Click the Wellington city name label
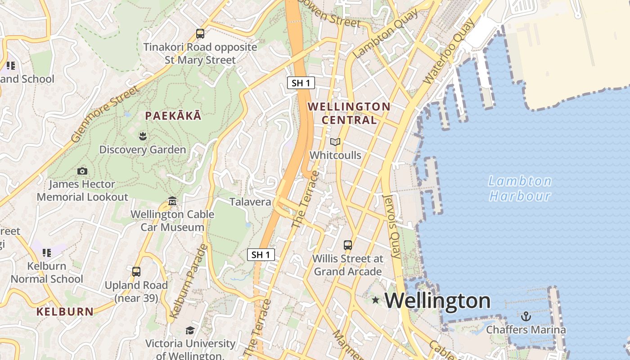437,301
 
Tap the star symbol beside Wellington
375,300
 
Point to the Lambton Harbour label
520,189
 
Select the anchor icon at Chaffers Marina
526,316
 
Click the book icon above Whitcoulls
335,142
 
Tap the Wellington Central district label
349,113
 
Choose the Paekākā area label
173,116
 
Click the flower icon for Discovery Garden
143,136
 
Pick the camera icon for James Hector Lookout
82,171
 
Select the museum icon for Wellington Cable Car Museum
172,201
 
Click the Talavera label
251,202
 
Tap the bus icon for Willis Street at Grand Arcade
348,245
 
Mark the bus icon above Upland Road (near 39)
136,272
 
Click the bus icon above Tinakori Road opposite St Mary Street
200,34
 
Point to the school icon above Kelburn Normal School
47,253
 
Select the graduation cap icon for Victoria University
190,331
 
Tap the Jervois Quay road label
391,226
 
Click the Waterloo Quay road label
449,51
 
